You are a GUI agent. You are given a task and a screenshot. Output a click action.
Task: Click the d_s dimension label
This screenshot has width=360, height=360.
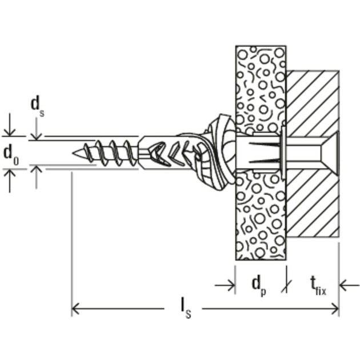[x=37, y=105]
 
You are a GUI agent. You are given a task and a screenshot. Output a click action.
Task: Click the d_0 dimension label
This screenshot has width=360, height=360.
[x=11, y=153]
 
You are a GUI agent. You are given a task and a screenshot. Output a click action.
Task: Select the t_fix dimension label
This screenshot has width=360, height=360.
[x=317, y=285]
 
